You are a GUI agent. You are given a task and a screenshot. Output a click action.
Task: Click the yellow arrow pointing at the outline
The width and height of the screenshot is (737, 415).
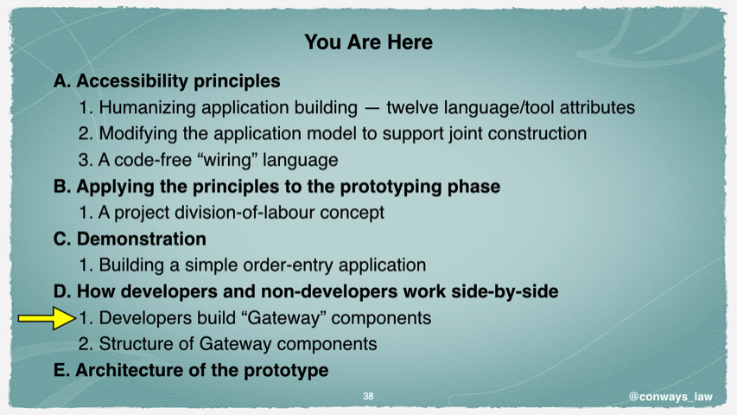(47, 318)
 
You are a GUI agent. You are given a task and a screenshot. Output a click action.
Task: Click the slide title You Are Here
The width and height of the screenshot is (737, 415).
(368, 41)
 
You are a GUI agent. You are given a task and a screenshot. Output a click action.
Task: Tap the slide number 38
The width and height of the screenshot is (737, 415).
(368, 396)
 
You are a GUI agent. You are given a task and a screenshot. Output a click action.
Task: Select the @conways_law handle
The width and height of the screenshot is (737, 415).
(670, 397)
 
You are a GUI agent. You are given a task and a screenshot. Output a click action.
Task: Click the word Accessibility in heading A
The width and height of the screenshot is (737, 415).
(132, 81)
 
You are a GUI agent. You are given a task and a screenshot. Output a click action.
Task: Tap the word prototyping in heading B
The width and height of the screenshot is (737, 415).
(391, 187)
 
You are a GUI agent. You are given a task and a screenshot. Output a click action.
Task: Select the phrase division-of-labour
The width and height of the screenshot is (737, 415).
(245, 212)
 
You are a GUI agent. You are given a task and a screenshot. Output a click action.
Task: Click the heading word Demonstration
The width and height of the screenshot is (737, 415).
(142, 239)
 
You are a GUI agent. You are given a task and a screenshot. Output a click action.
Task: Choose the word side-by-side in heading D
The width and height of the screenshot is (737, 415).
(505, 291)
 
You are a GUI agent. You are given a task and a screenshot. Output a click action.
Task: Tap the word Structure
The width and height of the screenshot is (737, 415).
(136, 344)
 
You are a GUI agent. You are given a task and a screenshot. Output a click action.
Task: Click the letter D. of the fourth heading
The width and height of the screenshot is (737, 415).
(62, 291)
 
